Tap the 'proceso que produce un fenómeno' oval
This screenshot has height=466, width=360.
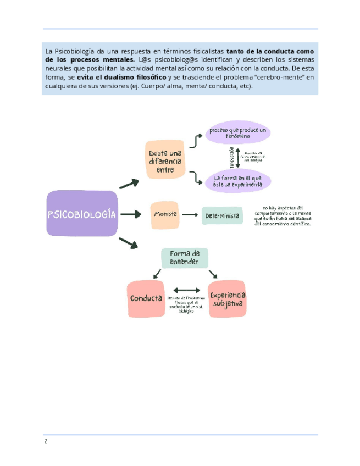pyautogui.click(x=237, y=133)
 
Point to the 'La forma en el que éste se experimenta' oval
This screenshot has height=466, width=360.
pyautogui.click(x=237, y=181)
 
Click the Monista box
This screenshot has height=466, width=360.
pyautogui.click(x=165, y=214)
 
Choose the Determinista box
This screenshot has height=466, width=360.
pyautogui.click(x=222, y=216)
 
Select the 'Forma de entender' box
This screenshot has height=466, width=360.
pyautogui.click(x=185, y=258)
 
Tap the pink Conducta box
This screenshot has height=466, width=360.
pyautogui.click(x=146, y=298)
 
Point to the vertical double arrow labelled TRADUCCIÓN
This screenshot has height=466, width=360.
pyautogui.click(x=237, y=157)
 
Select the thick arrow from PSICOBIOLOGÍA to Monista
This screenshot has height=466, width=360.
pyautogui.click(x=130, y=214)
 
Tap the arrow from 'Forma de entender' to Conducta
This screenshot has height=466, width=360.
pyautogui.click(x=158, y=273)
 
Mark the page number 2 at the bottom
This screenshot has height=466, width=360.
pyautogui.click(x=46, y=442)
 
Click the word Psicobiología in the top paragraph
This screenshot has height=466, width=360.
pyautogui.click(x=75, y=51)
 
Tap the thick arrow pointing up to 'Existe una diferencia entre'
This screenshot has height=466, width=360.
pyautogui.click(x=129, y=184)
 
